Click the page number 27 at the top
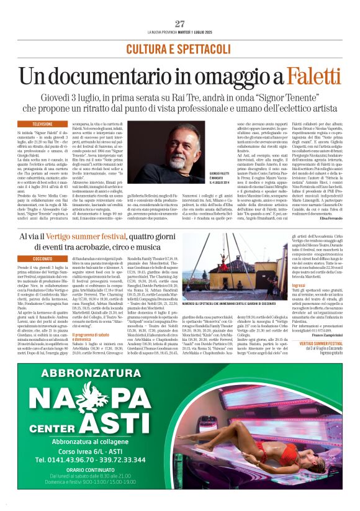click(180, 24)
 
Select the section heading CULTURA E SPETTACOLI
click(180, 48)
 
